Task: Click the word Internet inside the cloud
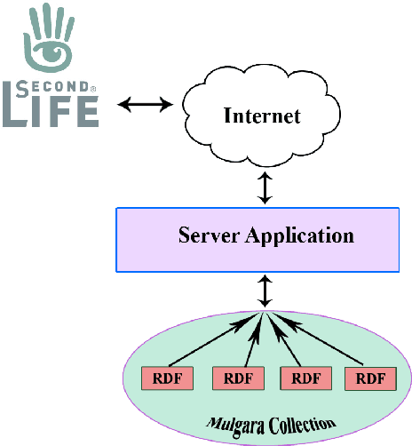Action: point(262,115)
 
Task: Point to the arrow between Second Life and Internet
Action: point(147,104)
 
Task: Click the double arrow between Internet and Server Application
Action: point(265,187)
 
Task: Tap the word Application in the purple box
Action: point(299,237)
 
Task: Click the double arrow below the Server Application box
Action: point(265,291)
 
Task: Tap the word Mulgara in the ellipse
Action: point(232,421)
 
